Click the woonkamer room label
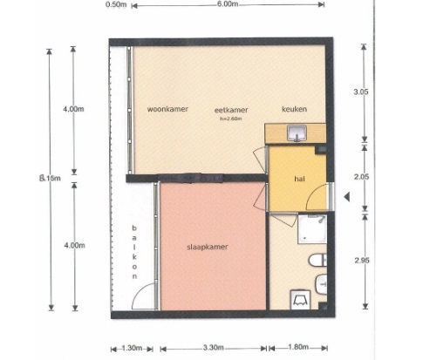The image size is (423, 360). click(167, 109)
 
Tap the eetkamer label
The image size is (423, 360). click(231, 110)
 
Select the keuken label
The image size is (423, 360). click(294, 109)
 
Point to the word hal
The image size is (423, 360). click(299, 179)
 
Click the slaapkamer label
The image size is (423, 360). click(208, 247)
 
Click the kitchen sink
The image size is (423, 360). click(297, 132)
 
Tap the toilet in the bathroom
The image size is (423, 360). click(317, 261)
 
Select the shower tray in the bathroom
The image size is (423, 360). click(312, 229)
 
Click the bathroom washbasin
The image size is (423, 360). click(321, 284)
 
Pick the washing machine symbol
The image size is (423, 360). click(300, 299)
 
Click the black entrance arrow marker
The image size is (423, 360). click(346, 197)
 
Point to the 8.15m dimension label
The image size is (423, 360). click(50, 178)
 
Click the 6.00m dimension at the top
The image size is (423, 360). click(228, 4)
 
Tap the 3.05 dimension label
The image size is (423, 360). click(361, 92)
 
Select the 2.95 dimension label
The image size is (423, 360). click(362, 261)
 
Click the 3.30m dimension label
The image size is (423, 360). click(214, 348)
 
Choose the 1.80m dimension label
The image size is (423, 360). click(298, 347)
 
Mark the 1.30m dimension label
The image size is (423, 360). click(132, 348)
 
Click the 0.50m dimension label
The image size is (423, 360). click(116, 4)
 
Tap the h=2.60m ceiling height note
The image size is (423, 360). click(231, 119)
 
